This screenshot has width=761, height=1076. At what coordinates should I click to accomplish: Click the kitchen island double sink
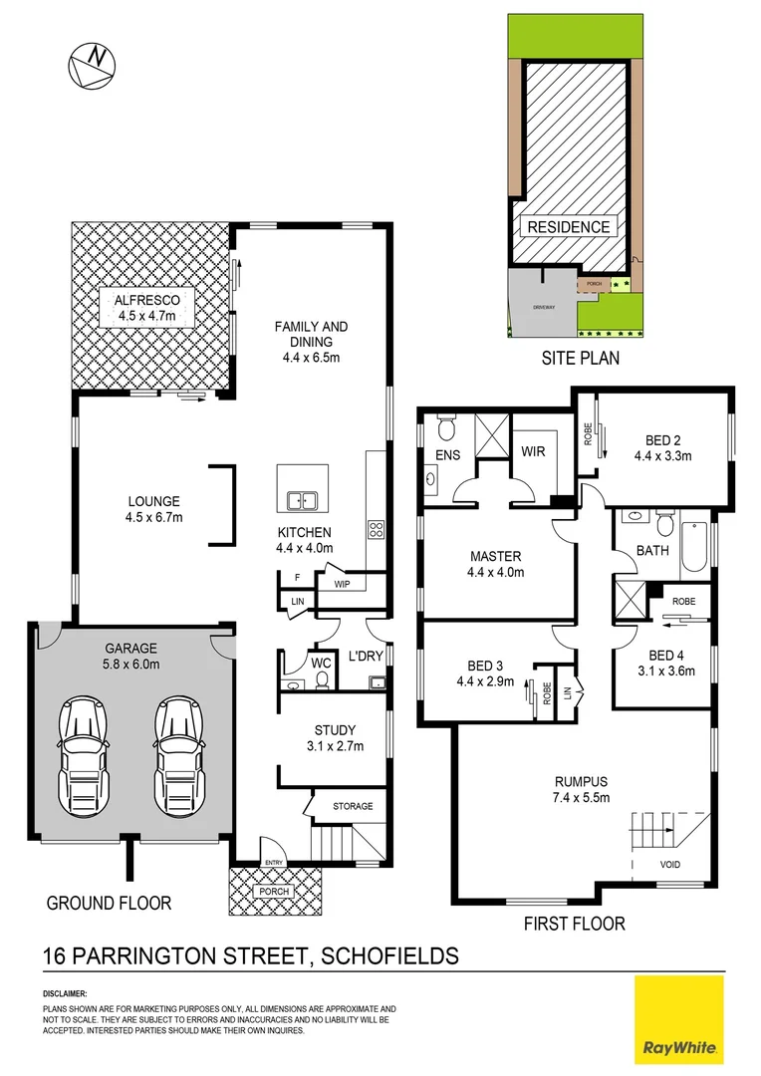coord(302,501)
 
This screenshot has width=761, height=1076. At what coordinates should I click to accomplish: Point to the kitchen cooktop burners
coord(378,530)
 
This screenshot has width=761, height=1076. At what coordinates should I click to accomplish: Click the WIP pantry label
coord(342,584)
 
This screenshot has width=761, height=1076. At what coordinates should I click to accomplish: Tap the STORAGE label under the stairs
coord(353,806)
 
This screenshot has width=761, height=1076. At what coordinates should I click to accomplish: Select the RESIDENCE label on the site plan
coord(568,227)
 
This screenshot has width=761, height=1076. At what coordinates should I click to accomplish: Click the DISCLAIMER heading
coord(65,994)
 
